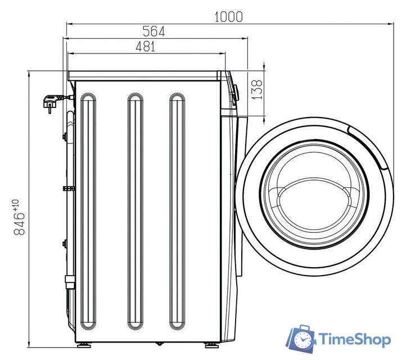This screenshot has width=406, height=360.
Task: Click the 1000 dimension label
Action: pyautogui.click(x=229, y=17)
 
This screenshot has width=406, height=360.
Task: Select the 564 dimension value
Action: pyautogui.click(x=154, y=31)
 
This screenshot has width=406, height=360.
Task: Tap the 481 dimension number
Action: pyautogui.click(x=146, y=47)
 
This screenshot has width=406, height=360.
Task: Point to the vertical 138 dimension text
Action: pyautogui.click(x=258, y=89)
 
